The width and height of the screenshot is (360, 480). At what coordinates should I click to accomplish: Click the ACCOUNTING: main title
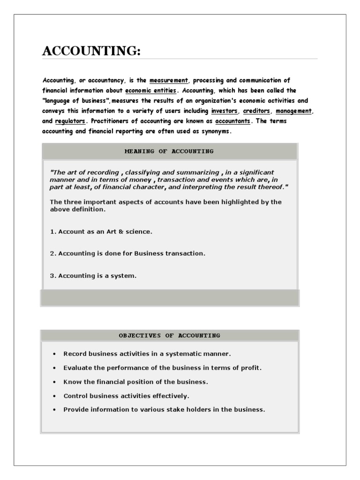tap(91, 51)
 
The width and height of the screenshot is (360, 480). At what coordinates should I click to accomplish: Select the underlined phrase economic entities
tap(150, 90)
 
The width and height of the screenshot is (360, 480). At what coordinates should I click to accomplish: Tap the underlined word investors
tap(224, 111)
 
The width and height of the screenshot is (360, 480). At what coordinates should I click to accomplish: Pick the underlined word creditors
tap(256, 111)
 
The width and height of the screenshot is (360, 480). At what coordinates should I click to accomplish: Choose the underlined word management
tap(293, 111)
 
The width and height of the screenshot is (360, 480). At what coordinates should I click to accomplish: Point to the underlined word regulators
tap(70, 121)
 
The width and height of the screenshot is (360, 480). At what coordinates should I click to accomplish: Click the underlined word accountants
tap(233, 121)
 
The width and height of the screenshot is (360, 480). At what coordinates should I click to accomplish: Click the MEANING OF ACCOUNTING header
tap(169, 151)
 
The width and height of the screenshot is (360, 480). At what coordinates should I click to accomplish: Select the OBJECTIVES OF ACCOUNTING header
tap(169, 336)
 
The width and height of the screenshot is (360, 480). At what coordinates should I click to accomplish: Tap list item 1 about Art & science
tap(101, 232)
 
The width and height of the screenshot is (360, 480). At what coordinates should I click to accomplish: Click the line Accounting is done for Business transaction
tap(127, 254)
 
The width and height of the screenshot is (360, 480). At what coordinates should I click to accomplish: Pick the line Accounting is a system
tap(93, 276)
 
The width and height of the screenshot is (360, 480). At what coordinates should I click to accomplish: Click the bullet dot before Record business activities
tap(55, 354)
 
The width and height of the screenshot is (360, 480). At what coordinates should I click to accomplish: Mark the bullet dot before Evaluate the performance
tap(55, 368)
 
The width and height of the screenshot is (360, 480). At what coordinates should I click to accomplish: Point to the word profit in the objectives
tap(251, 368)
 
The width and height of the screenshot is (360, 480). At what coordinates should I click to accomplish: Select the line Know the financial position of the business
tap(135, 382)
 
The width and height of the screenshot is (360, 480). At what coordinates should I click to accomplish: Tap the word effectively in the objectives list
tap(173, 396)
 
